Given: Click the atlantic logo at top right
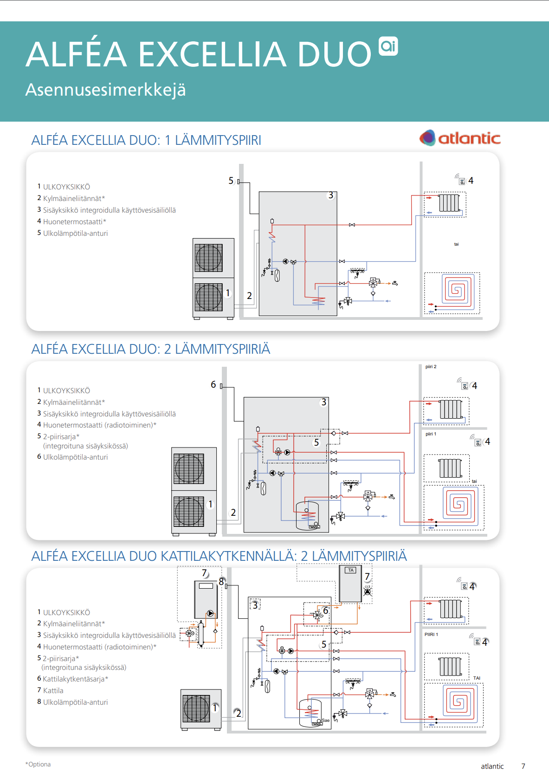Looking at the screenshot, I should (x=460, y=138).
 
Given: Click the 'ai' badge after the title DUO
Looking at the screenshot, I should (x=388, y=46).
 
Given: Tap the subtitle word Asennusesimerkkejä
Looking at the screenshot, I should (x=105, y=90).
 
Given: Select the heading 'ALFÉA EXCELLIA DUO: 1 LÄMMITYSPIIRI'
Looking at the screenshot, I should (x=146, y=140).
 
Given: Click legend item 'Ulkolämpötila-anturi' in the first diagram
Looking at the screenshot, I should (x=75, y=234).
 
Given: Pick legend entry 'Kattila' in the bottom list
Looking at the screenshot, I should (x=53, y=691).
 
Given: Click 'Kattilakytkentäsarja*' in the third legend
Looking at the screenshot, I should (x=75, y=679).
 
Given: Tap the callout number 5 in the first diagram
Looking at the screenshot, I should (x=231, y=181).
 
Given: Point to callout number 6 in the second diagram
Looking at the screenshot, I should (x=213, y=384).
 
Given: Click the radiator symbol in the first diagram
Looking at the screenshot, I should (x=449, y=203).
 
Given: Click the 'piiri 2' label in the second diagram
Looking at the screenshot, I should (x=431, y=367).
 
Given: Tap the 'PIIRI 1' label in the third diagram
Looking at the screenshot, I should (x=431, y=635).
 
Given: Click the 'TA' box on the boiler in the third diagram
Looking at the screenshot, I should (x=351, y=570).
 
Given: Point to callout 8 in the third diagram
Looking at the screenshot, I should (x=221, y=582).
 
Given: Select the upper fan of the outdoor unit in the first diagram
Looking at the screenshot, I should (x=209, y=258).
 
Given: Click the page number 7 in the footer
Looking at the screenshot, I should (x=523, y=766).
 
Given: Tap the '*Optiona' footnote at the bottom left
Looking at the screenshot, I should (x=38, y=765).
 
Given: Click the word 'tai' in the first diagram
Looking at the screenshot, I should (x=456, y=244).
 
